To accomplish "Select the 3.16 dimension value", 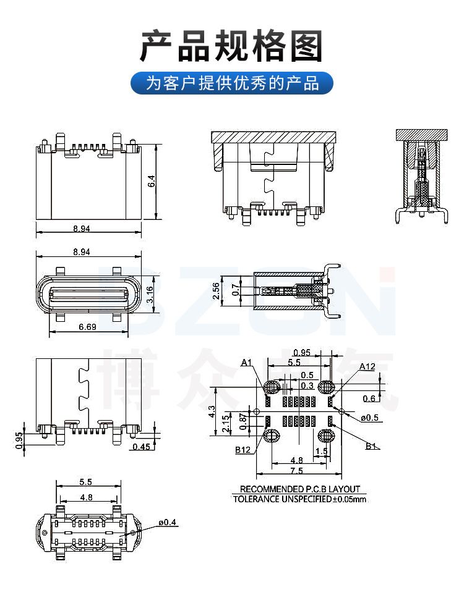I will pos(151,295).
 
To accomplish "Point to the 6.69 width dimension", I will pos(87,327).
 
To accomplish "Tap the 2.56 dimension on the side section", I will pos(216,291).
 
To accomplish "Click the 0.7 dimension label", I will pos(234,290).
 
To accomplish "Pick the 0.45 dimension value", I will pos(141,447).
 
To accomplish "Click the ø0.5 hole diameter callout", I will pos(370,418).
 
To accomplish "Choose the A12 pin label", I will pos(367,366).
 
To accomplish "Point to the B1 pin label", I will pos(371,446).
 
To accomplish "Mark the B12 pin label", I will pos(243,450).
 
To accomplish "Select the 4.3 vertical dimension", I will pos(212,411).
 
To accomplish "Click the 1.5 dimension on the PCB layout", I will pos(321,452).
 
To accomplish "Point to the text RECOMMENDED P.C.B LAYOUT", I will pos(300,489).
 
